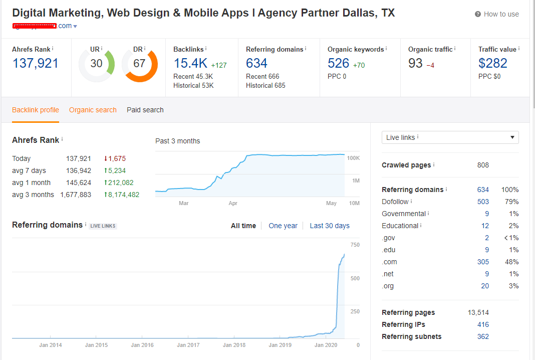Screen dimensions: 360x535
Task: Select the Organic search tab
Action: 93,110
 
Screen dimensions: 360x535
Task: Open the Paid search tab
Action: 145,110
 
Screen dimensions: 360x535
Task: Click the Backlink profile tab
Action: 36,110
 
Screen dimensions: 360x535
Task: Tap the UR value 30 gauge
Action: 96,64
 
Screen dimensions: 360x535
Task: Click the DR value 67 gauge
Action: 139,64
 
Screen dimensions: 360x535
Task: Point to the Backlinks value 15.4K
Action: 190,63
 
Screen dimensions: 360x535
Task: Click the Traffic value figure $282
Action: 492,63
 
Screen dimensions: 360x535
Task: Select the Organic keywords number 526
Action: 338,63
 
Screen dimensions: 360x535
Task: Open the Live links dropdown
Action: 450,137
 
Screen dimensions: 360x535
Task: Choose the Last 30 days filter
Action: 330,226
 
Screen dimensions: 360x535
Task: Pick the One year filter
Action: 283,226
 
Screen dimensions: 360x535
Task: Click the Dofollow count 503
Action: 483,202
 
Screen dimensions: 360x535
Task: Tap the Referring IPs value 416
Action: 483,324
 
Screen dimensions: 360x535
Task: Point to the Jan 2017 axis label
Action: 188,345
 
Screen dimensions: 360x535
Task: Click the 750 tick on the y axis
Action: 355,245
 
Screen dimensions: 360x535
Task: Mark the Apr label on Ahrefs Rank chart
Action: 233,204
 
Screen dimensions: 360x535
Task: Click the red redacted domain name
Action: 35,25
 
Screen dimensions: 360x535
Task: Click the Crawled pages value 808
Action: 483,165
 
